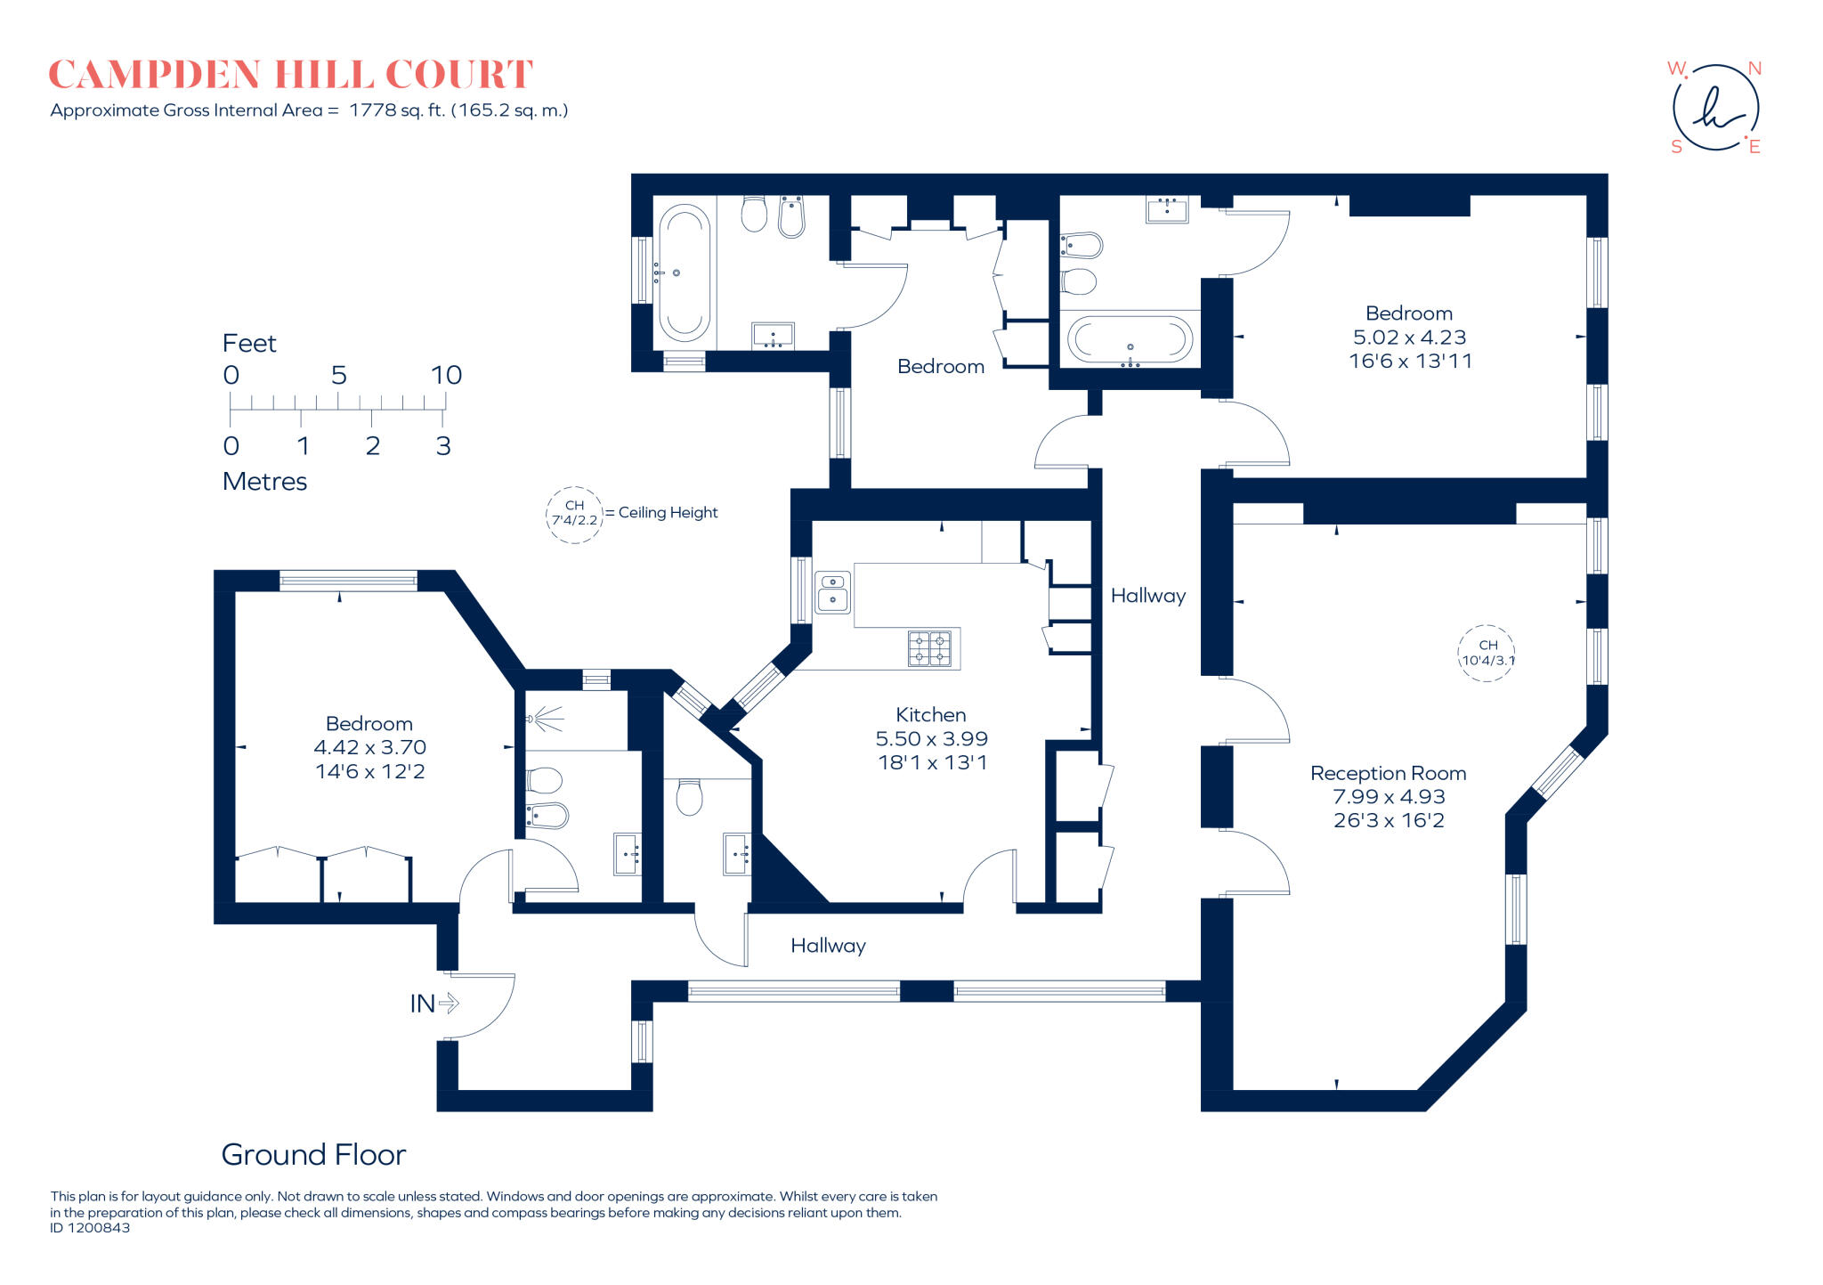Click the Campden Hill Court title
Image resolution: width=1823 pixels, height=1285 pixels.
[x=291, y=74]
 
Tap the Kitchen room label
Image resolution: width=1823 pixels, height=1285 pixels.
[x=931, y=714]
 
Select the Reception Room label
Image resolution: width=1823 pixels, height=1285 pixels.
[x=1388, y=773]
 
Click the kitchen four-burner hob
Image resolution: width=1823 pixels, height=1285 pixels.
[x=929, y=648]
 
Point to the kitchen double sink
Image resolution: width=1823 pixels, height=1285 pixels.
[x=833, y=592]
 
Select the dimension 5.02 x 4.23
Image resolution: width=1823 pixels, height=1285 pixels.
[x=1409, y=338]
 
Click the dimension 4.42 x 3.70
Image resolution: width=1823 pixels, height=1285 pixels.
[x=369, y=747]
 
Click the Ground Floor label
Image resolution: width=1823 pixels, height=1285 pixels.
[x=313, y=1155]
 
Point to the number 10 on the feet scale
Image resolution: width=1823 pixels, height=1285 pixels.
[x=446, y=375]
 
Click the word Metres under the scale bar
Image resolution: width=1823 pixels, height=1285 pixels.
[x=264, y=482]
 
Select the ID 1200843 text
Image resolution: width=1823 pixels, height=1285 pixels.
[x=90, y=1228]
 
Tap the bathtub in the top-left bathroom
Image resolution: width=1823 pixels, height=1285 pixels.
[x=684, y=272]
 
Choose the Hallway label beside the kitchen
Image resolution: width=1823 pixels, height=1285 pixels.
[x=1148, y=596]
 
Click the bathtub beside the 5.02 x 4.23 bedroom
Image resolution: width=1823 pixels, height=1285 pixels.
[x=1130, y=339]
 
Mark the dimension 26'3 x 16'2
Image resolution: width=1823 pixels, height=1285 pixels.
[x=1389, y=820]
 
